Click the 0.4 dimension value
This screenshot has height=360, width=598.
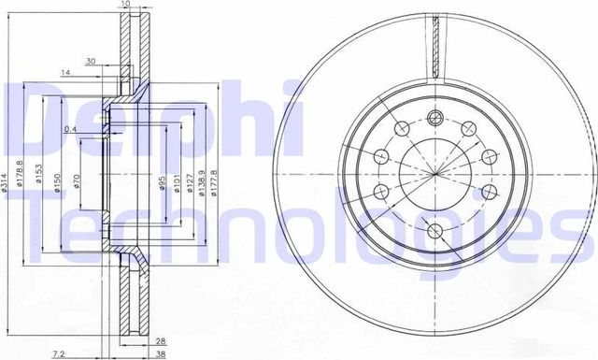point(70,128)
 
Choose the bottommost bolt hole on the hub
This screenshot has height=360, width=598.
point(435,230)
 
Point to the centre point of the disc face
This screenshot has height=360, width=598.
point(435,174)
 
